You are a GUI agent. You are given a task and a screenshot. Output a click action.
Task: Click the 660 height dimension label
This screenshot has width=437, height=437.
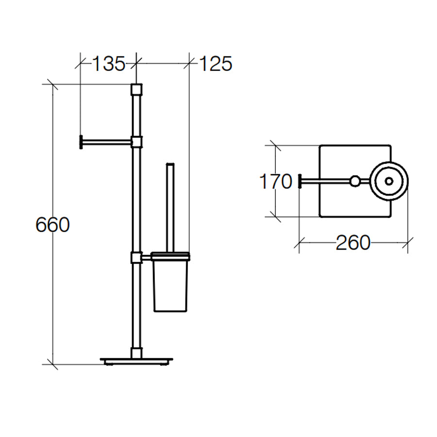click(x=52, y=225)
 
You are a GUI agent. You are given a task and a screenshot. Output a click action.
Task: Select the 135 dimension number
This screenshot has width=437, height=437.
click(x=108, y=64)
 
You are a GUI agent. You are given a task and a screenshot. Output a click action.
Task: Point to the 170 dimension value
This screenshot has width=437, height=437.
click(x=275, y=182)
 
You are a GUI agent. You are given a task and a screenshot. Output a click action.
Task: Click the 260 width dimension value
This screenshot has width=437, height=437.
click(x=353, y=242)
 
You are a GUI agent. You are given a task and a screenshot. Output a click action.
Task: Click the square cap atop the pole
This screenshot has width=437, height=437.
click(x=136, y=90)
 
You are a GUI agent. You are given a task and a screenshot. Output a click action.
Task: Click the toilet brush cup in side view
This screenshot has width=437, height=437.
click(x=170, y=286)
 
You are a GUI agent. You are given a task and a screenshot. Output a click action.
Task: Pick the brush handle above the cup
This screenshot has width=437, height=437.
click(x=170, y=204)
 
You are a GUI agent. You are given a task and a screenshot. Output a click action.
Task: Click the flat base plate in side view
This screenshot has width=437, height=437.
click(x=136, y=360)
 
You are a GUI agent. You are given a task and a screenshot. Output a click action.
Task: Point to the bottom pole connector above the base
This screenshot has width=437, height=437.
click(x=136, y=351)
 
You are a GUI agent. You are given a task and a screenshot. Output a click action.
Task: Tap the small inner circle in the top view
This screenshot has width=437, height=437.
click(x=388, y=181)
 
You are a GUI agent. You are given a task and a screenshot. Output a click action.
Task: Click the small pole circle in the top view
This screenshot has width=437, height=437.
click(x=356, y=181)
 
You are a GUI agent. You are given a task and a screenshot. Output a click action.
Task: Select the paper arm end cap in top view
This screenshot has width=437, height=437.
click(x=300, y=181)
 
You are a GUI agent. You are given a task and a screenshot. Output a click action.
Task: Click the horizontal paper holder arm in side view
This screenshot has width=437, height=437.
click(x=107, y=141)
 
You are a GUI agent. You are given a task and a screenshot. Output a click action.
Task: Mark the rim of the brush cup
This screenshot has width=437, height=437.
click(x=170, y=255)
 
